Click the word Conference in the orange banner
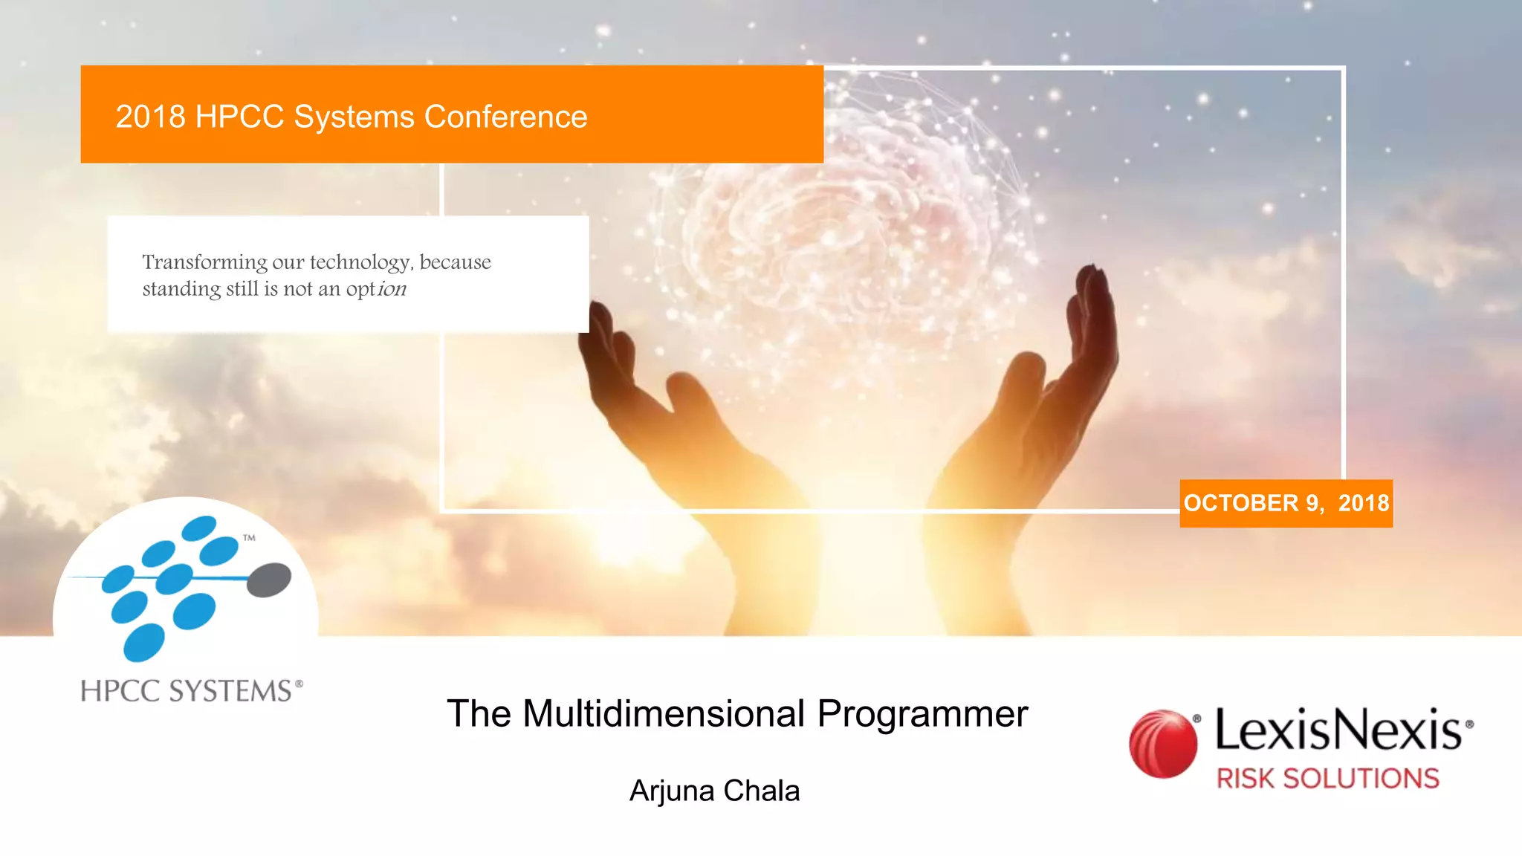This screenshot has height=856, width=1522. tap(505, 117)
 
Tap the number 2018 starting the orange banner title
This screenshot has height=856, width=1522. tap(150, 117)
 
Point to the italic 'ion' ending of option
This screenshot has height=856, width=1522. tap(392, 288)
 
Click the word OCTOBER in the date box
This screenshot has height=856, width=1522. tap(1240, 503)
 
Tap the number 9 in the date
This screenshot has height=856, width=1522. tap(1312, 503)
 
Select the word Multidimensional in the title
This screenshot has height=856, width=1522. tap(664, 714)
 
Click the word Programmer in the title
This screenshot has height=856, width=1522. tap(922, 714)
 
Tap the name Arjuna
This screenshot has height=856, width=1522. tap(672, 791)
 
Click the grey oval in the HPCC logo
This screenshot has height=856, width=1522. tap(268, 580)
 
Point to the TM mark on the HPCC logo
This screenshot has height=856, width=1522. tap(249, 537)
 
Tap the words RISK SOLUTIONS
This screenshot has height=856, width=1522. tap(1327, 778)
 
